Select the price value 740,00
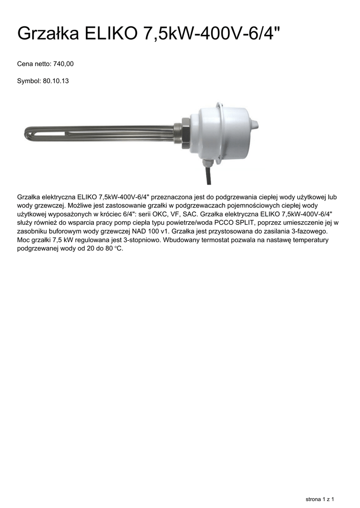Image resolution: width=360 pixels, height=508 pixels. (x=64, y=64)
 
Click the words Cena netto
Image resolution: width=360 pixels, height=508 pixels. (x=34, y=64)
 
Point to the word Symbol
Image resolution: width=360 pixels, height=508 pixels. (x=29, y=80)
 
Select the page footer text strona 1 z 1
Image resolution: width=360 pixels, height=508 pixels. (x=319, y=498)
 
